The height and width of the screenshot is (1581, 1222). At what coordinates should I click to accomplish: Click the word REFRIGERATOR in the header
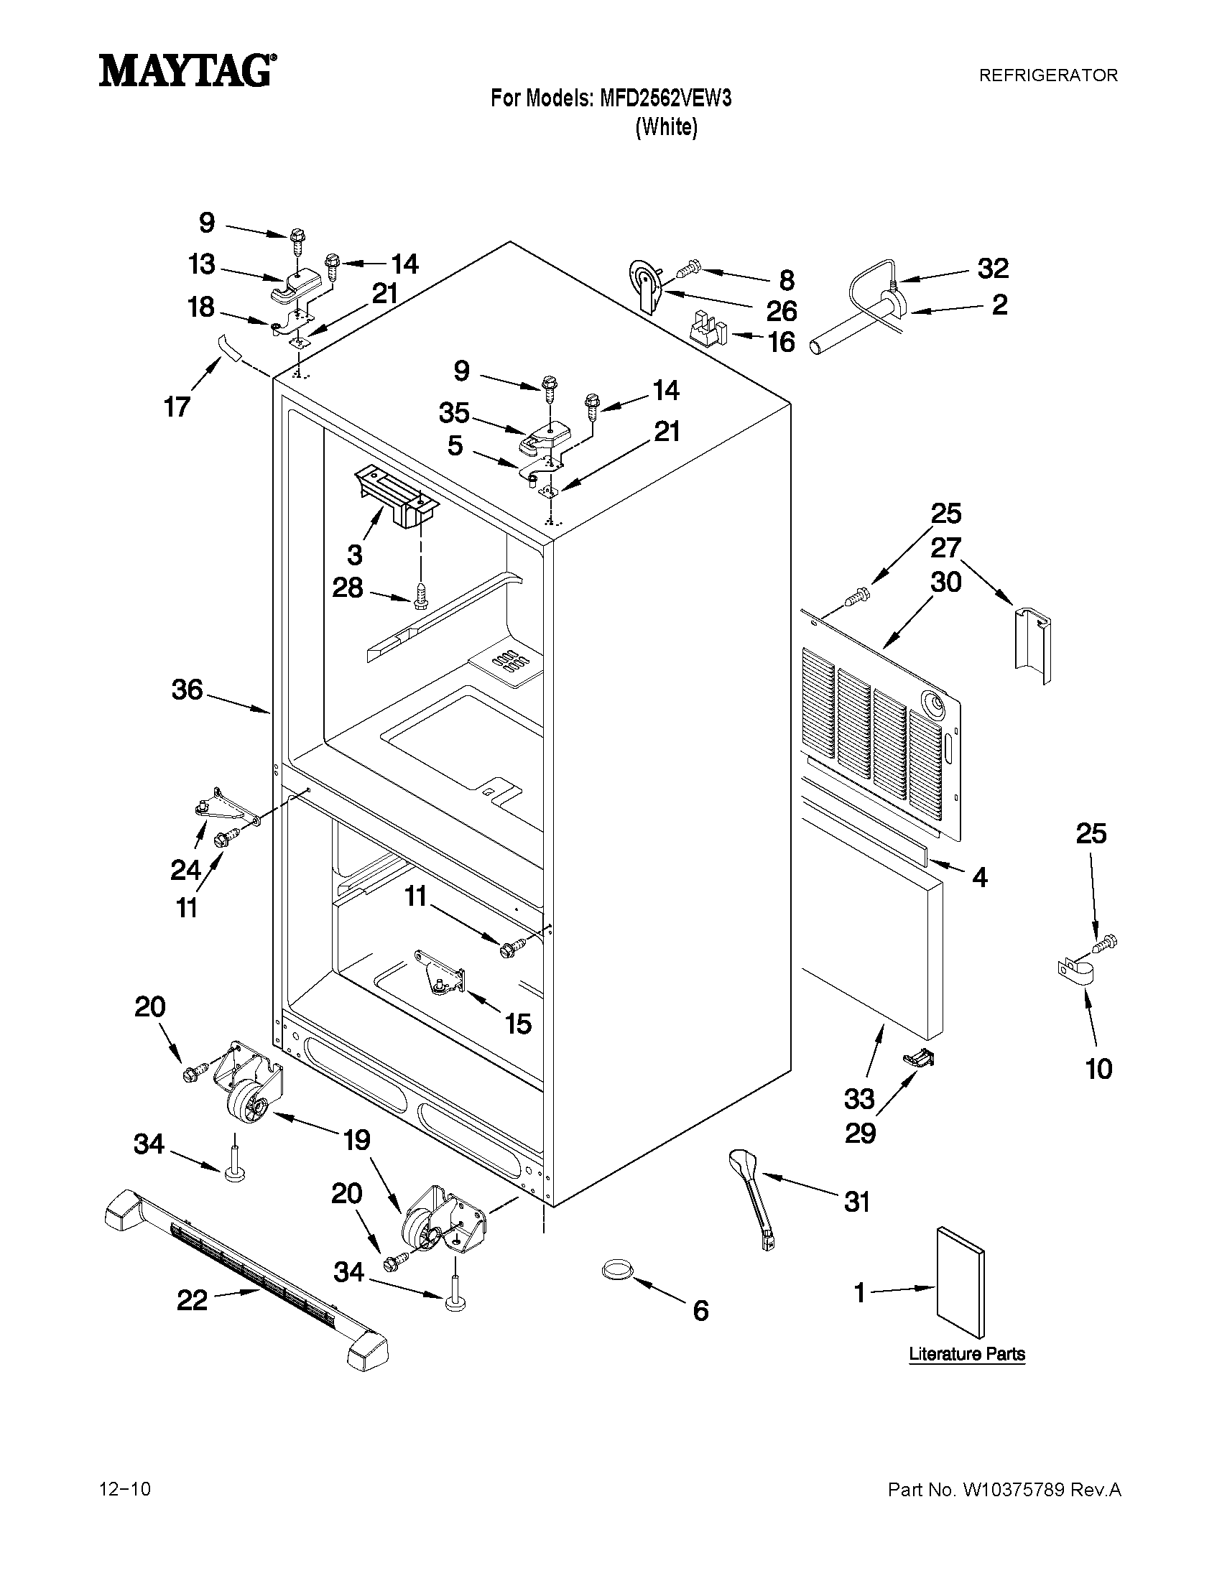tap(1047, 75)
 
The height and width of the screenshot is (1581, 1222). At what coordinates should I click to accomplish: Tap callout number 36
tap(187, 690)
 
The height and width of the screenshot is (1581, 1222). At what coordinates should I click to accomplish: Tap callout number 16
tap(781, 342)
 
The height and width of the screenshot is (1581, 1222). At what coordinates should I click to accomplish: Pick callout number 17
tap(177, 407)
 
